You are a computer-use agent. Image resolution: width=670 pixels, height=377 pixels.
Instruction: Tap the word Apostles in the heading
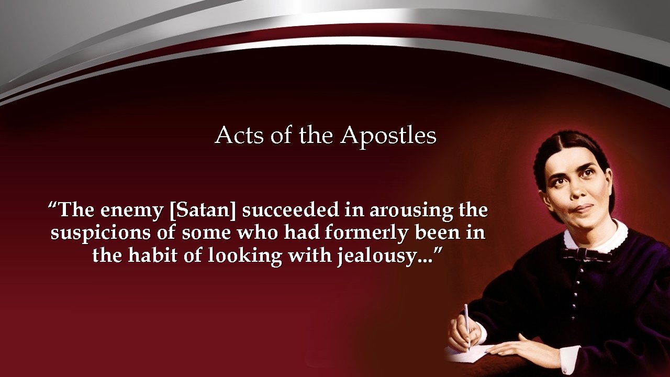(388, 136)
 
